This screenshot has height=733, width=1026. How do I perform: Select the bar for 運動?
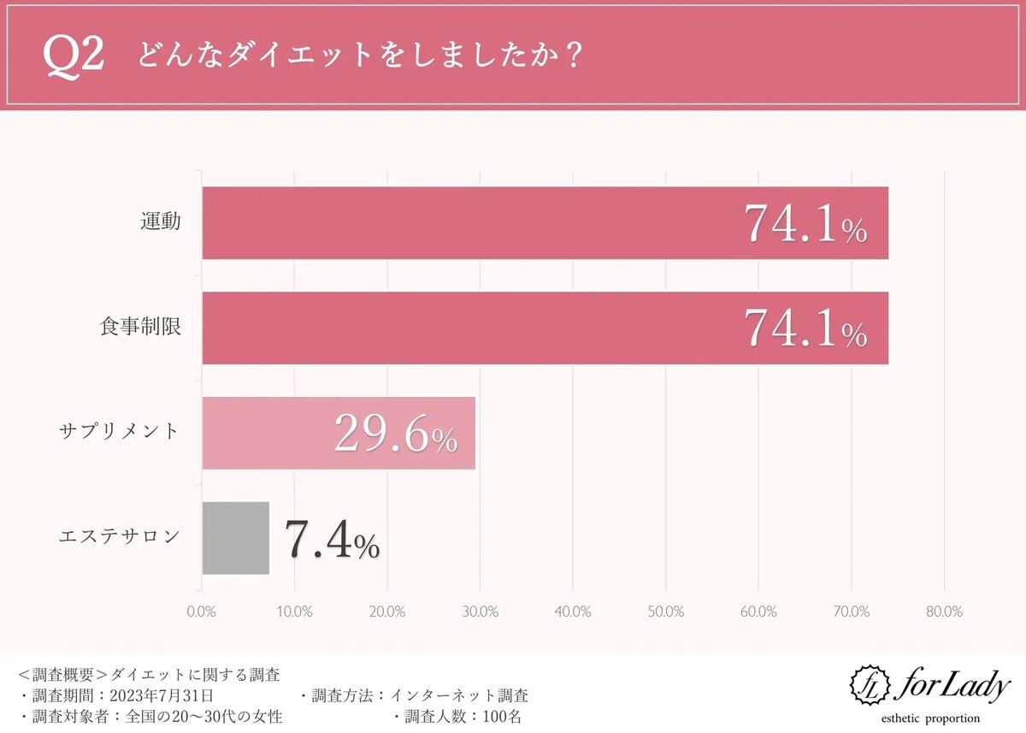pos(545,223)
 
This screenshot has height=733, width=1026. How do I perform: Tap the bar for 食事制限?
pos(545,328)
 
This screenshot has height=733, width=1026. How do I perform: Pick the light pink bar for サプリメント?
pos(339,433)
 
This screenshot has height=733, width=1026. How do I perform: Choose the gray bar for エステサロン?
pos(236,538)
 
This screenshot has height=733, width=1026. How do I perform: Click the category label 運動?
pos(161,222)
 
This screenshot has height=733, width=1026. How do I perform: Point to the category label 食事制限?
pos(140,327)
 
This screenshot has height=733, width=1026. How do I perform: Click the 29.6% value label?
pos(395,434)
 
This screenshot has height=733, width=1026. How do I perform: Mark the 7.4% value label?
pos(331,541)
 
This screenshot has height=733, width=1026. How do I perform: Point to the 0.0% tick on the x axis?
pos(202,612)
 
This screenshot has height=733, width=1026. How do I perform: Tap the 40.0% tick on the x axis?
pos(573,612)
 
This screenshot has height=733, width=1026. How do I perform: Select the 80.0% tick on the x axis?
pos(944,612)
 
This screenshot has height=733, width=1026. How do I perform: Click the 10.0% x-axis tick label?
pos(295,612)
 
